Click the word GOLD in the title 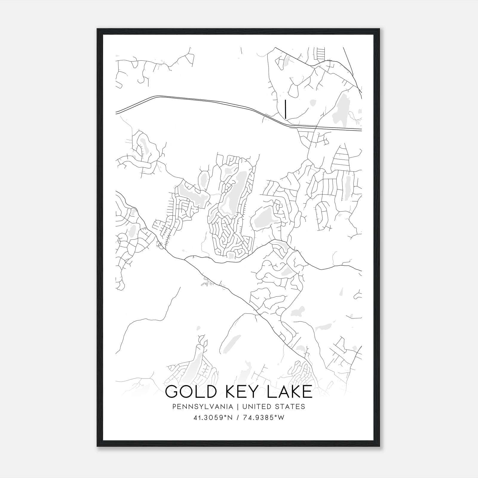tap(190, 392)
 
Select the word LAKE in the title tap(289, 392)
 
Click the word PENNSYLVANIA tap(198, 407)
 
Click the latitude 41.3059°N tap(213, 418)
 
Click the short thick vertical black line tap(286, 109)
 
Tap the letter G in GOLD tap(172, 392)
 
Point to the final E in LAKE tap(307, 392)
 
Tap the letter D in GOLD tap(210, 392)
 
